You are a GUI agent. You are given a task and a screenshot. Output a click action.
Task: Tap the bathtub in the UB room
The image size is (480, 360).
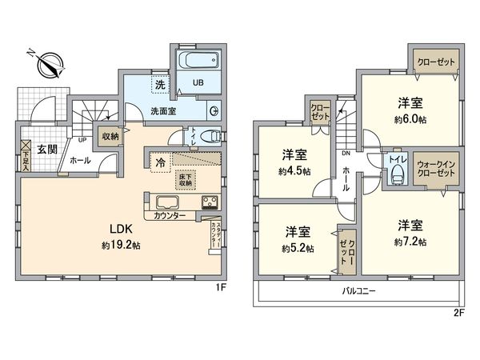(x=196, y=61)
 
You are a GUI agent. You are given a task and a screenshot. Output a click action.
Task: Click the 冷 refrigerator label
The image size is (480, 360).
(x=162, y=162)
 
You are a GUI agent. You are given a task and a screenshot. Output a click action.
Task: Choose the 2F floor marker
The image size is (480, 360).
(x=459, y=312)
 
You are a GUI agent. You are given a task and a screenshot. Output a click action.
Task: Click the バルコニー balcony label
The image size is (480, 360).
(x=358, y=291)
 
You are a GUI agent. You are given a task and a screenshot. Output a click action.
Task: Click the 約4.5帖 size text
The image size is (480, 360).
(x=292, y=171)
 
